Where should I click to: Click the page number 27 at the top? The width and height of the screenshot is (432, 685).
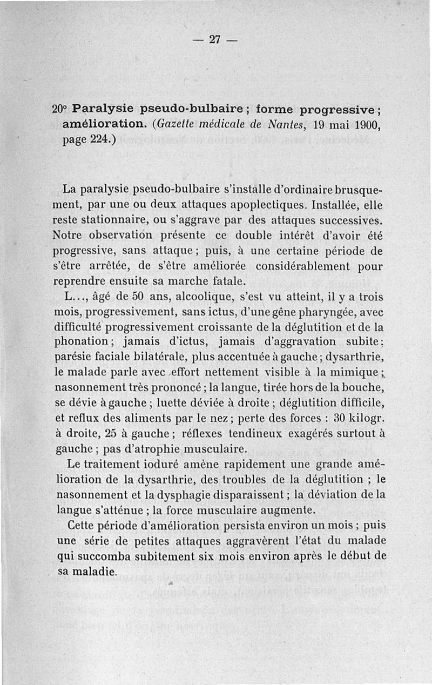pyautogui.click(x=215, y=39)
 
